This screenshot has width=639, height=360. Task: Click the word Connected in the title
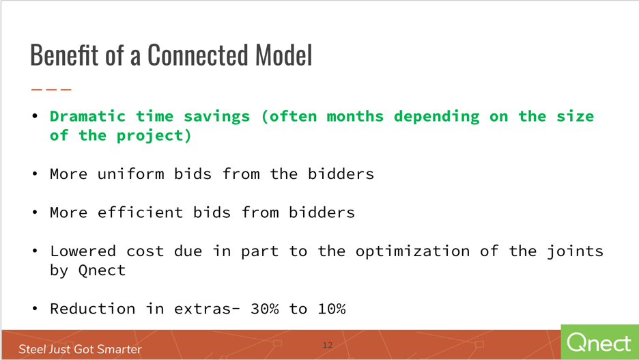pos(199,55)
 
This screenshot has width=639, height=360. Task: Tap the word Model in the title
pos(283,55)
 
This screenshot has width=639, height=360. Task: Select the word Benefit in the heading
pos(64,55)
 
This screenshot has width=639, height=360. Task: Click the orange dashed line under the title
pos(51,89)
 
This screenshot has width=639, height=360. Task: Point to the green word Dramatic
pos(87,116)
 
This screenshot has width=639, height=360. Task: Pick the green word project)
pos(154,136)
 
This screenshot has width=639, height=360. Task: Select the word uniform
pos(130,174)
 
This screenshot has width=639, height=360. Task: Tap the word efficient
pos(140,212)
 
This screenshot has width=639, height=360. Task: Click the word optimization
pos(412,251)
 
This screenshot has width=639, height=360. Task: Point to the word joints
pos(575,251)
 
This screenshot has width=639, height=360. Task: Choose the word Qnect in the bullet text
pos(102,271)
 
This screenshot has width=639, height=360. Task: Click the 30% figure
pos(264,309)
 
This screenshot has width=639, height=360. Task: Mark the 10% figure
pos(331,309)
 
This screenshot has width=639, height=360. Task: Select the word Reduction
pos(93,309)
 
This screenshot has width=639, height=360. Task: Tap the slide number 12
pos(328,345)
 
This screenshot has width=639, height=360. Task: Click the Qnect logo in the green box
pos(599,342)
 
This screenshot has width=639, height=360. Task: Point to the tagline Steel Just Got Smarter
pos(80,349)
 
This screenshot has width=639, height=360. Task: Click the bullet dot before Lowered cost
pos(35,251)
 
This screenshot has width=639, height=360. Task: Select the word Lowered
pos(83,251)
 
